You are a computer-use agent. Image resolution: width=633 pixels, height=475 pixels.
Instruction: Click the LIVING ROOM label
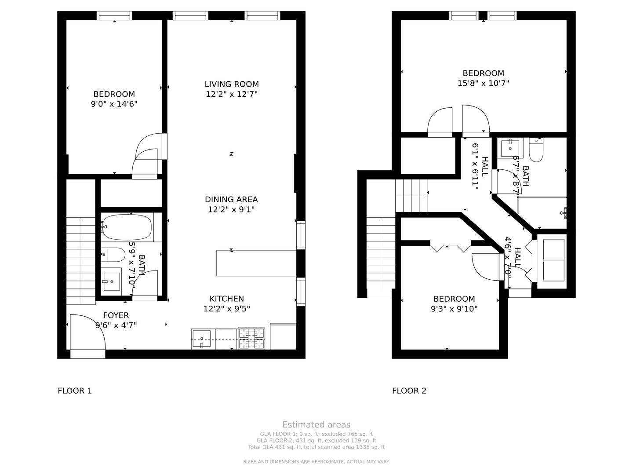pyautogui.click(x=231, y=84)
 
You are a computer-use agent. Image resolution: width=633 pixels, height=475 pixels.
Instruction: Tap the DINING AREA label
pyautogui.click(x=231, y=199)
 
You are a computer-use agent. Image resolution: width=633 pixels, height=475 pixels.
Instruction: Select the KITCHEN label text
pyautogui.click(x=226, y=299)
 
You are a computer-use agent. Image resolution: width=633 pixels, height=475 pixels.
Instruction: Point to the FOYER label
pyautogui.click(x=116, y=315)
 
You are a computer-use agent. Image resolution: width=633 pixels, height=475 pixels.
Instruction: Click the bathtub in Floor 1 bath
pyautogui.click(x=127, y=227)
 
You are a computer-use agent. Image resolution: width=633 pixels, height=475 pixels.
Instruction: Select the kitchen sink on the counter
pyautogui.click(x=202, y=338)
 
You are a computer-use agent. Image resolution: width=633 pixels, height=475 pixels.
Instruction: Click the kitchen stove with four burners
pyautogui.click(x=251, y=338)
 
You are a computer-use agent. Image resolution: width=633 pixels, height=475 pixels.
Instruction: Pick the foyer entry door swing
pyautogui.click(x=87, y=332)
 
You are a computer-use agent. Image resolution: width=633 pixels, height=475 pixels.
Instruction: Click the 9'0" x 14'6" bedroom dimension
pyautogui.click(x=114, y=104)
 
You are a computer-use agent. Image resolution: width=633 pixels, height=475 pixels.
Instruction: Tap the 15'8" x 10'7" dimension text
pyautogui.click(x=483, y=83)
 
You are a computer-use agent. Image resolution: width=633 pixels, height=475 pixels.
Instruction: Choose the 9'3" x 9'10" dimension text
pyautogui.click(x=454, y=309)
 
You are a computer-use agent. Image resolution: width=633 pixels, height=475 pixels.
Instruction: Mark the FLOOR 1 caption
pyautogui.click(x=75, y=391)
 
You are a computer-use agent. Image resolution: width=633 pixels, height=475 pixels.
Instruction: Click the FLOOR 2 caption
pyautogui.click(x=409, y=391)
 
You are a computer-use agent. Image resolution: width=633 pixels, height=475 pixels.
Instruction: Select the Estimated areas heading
pyautogui.click(x=316, y=424)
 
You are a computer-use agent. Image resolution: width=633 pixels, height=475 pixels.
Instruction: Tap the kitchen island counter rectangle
pyautogui.click(x=256, y=263)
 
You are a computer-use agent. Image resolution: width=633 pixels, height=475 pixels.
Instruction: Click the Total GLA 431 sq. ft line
pyautogui.click(x=316, y=447)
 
